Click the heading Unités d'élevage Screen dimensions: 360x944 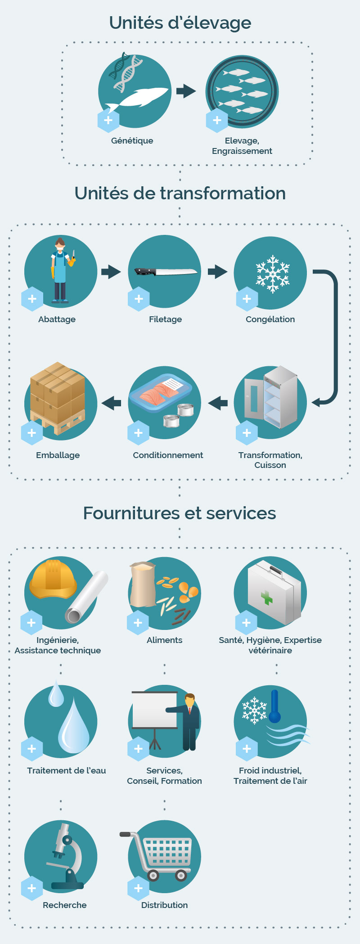180,23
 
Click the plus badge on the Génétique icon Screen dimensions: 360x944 108,120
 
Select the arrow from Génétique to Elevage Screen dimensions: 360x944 186,91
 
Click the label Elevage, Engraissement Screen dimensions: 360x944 242,146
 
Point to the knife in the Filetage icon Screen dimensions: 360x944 166,271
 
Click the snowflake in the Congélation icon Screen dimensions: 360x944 272,274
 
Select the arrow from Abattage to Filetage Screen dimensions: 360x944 111,271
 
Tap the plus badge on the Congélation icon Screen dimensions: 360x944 247,299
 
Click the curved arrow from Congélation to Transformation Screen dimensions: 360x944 335,337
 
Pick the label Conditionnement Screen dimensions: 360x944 168,455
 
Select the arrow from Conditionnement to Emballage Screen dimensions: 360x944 111,403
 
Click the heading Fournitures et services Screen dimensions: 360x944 180,513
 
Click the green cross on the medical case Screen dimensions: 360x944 267,598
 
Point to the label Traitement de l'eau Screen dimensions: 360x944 67,770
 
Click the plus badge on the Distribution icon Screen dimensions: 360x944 138,888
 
